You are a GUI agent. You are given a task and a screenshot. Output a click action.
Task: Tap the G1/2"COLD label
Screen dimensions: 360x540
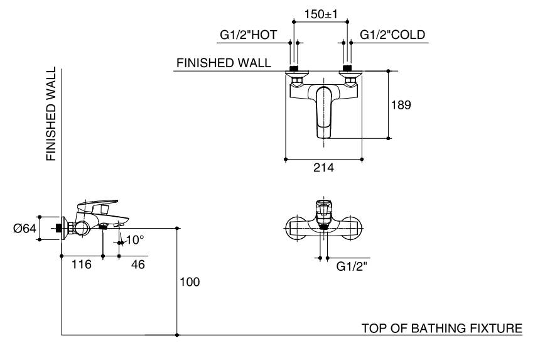(x=392, y=35)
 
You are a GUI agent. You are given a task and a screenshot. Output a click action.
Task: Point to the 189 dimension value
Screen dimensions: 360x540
(x=401, y=105)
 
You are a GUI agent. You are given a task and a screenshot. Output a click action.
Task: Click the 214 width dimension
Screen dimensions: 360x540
(x=324, y=168)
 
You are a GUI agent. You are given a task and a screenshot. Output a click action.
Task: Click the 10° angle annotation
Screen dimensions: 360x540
(x=135, y=239)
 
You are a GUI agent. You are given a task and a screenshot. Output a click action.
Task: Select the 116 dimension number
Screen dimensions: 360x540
(x=81, y=265)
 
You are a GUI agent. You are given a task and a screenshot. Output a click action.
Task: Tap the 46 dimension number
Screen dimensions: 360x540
(x=138, y=265)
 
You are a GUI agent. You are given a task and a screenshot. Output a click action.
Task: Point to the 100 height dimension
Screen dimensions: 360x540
(x=190, y=282)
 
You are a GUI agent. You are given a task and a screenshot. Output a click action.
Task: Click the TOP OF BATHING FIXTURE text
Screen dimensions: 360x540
(x=441, y=328)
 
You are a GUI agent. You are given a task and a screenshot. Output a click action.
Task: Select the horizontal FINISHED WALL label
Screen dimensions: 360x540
(x=224, y=63)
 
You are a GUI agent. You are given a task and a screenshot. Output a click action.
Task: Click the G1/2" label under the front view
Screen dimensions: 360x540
(x=352, y=266)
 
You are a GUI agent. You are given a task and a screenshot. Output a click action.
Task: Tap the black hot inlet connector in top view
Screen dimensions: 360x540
(x=293, y=68)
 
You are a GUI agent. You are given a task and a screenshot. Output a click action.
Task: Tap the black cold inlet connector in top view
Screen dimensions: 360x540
(x=347, y=68)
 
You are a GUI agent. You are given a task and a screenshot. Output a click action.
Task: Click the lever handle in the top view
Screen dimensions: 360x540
(x=323, y=112)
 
